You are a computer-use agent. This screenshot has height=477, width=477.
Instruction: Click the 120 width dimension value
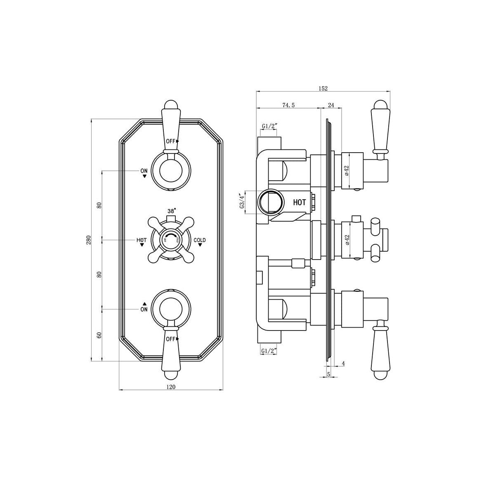171,387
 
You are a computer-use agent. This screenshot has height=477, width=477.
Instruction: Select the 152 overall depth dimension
323,88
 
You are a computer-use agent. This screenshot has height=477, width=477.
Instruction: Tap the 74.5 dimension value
288,105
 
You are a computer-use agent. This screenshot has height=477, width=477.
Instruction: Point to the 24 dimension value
331,105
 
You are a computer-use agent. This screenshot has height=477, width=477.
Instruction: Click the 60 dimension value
99,335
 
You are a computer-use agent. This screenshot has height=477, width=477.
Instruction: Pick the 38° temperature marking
171,211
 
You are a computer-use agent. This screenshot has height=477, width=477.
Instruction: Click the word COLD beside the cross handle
200,240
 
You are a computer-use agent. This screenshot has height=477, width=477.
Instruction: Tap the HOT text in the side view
300,202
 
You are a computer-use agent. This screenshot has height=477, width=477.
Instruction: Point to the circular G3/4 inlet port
270,202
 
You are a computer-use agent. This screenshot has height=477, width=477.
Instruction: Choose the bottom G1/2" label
269,351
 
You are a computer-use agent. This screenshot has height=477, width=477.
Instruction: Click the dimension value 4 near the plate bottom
343,364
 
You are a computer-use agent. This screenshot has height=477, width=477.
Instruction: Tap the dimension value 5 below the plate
328,374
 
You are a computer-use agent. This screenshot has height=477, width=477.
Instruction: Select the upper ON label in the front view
144,170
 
